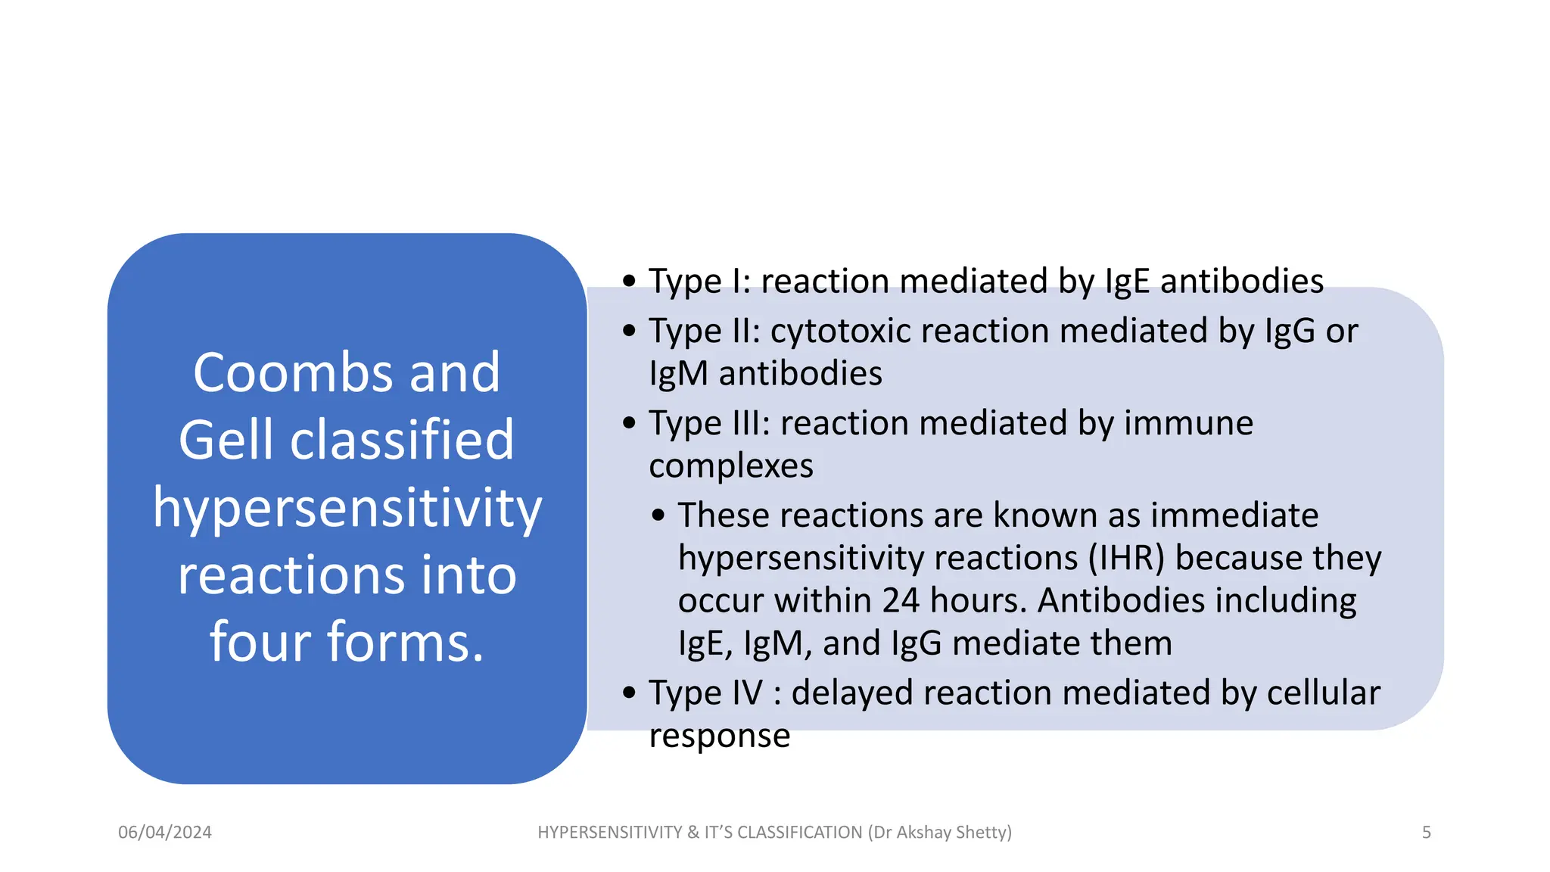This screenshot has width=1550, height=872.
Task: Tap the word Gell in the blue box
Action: [x=226, y=440]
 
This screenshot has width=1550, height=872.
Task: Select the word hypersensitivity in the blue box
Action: [x=347, y=509]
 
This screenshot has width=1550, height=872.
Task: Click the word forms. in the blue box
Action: [x=405, y=643]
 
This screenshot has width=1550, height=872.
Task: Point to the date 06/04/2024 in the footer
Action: [x=165, y=833]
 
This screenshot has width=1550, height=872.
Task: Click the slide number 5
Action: [x=1426, y=833]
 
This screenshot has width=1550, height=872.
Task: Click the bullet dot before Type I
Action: [x=629, y=281]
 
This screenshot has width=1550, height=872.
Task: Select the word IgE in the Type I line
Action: [x=1128, y=282]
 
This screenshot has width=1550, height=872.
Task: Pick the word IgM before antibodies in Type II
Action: [x=678, y=374]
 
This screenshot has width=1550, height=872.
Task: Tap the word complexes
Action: [x=731, y=466]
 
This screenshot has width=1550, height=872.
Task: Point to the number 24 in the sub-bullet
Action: [x=901, y=601]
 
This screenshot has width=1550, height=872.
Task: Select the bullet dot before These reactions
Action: [x=658, y=516]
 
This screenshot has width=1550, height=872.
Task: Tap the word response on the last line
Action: [x=719, y=736]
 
